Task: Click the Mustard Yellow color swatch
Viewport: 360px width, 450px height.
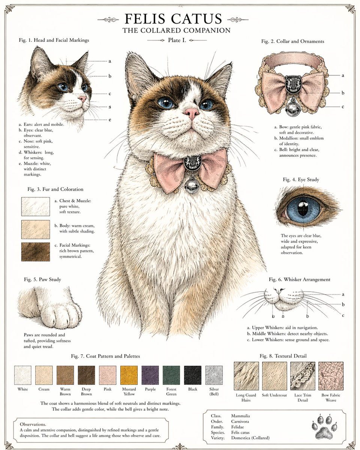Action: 129,375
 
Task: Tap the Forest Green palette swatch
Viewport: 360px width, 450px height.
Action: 171,375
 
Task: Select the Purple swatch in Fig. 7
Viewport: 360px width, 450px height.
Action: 150,375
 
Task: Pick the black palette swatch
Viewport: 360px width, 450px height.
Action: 193,375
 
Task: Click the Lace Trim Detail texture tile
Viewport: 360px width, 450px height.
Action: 303,376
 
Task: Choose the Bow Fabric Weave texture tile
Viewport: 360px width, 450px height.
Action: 331,376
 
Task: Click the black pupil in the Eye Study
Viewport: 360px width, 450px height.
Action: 301,209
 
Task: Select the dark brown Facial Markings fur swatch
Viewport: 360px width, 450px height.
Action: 36,252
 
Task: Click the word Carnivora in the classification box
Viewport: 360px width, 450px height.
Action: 240,421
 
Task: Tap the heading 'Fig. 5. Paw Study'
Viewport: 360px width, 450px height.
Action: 42,280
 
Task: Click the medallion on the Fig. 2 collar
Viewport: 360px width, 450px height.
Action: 292,85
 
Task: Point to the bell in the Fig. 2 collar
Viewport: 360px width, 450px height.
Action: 292,109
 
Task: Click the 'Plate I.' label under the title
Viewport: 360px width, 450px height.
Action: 177,40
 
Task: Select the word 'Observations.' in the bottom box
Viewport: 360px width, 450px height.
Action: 33,424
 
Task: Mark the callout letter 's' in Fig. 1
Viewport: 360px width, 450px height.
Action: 109,107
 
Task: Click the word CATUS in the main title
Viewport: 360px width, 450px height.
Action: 197,19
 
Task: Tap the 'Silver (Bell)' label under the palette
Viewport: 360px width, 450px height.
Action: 214,391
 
